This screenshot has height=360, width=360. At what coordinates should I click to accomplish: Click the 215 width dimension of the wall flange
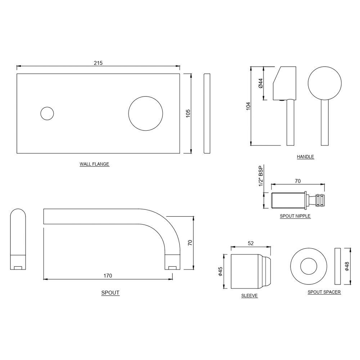tap(98, 63)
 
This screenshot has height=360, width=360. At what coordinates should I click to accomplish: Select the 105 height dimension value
tap(188, 113)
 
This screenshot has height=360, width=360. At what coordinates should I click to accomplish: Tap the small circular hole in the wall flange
tap(47, 113)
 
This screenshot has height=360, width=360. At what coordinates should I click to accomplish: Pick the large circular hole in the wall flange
tap(145, 113)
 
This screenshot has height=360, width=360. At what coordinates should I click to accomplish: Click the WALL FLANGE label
tap(94, 164)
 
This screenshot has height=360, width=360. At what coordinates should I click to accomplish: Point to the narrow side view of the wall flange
tap(207, 113)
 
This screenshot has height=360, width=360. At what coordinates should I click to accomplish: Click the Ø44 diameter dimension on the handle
tap(260, 83)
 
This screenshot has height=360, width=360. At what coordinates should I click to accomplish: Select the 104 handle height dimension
tap(248, 106)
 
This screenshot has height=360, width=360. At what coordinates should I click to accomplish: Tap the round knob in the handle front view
tap(324, 83)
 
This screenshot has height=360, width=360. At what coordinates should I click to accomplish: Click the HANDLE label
tap(305, 157)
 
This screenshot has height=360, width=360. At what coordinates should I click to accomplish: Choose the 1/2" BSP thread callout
tap(261, 176)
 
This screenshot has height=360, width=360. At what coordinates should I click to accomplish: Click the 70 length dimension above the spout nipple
tap(298, 181)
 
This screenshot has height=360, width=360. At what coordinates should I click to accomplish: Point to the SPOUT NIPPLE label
tap(295, 216)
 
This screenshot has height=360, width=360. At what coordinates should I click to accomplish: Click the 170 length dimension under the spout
tap(108, 276)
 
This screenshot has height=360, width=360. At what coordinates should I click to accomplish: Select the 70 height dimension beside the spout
tap(190, 243)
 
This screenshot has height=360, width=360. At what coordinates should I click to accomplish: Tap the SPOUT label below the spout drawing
tap(110, 293)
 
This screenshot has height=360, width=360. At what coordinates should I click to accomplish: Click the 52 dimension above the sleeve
tap(251, 243)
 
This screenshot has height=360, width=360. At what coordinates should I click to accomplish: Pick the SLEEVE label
tap(249, 296)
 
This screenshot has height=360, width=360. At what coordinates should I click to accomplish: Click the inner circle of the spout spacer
tap(309, 266)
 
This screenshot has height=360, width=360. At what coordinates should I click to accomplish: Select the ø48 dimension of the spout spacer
tap(347, 266)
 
